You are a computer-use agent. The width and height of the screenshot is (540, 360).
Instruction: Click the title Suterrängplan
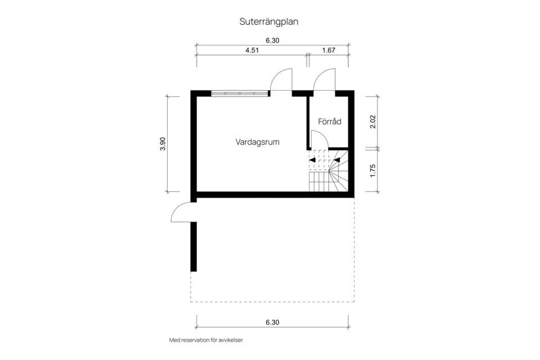[269, 22]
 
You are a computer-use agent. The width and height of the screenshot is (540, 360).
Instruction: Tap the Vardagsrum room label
[257, 142]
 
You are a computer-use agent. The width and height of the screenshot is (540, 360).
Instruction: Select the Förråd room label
[330, 121]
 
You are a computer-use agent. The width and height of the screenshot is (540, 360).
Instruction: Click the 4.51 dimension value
[251, 50]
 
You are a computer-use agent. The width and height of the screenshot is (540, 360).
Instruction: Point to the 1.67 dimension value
[328, 50]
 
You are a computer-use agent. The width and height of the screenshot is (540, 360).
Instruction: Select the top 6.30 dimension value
[272, 40]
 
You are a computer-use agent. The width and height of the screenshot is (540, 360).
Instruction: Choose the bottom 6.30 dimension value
[272, 322]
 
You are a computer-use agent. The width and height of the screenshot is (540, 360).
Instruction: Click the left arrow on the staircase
[312, 160]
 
